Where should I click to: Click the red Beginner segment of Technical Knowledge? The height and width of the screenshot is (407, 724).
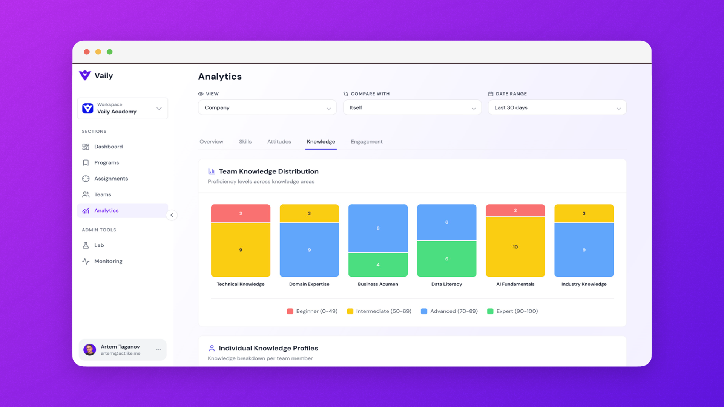[241, 213]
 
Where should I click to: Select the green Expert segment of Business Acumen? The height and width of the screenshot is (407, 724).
[378, 265]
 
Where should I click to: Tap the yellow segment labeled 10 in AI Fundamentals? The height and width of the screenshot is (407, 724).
[515, 247]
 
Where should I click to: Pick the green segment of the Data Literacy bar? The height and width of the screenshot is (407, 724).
[446, 259]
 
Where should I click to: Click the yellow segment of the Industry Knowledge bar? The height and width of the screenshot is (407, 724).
[584, 213]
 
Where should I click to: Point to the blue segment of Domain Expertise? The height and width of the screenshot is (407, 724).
[309, 250]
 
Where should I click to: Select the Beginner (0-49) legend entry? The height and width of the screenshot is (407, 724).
[312, 311]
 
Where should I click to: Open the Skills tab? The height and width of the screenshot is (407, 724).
[245, 142]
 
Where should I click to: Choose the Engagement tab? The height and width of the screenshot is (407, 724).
[367, 142]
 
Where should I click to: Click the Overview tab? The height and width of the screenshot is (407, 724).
[211, 142]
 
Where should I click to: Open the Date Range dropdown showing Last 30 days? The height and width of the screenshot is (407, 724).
[557, 108]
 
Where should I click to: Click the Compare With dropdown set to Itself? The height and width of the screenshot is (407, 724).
[412, 108]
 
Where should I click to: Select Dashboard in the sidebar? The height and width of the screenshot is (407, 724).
[108, 147]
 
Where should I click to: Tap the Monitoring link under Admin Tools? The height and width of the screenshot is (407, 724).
[108, 261]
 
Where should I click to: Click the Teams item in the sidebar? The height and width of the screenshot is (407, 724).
[103, 194]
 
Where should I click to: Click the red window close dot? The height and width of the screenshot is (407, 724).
[87, 52]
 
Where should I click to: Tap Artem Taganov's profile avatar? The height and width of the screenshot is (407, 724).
[90, 350]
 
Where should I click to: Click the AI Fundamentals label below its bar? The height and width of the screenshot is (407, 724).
[515, 284]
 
